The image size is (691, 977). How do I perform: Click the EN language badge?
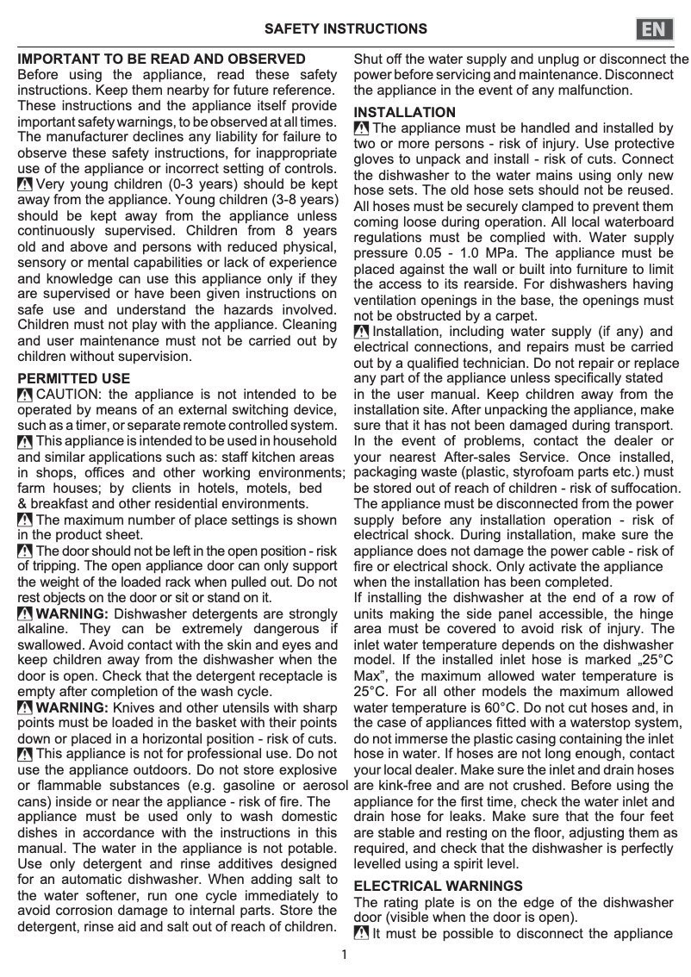tap(656, 29)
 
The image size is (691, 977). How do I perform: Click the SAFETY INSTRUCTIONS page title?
tap(345, 29)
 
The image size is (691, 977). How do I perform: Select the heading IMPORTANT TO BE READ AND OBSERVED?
tap(162, 59)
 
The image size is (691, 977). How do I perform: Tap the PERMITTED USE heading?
tap(74, 378)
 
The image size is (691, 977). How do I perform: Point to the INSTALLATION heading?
tap(405, 113)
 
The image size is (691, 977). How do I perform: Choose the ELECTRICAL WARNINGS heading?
tap(438, 886)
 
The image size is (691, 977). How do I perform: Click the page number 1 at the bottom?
tap(345, 954)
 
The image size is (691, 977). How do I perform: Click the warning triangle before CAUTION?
tap(25, 395)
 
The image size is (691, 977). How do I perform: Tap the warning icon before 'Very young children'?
tap(25, 184)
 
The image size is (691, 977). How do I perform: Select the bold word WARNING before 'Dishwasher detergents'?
tap(72, 613)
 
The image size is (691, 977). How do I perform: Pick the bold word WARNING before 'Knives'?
tap(72, 707)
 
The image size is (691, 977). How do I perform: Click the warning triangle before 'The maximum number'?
tap(25, 520)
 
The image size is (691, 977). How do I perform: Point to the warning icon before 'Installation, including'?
tap(362, 332)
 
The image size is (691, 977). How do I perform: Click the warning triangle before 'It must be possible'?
tap(362, 934)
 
